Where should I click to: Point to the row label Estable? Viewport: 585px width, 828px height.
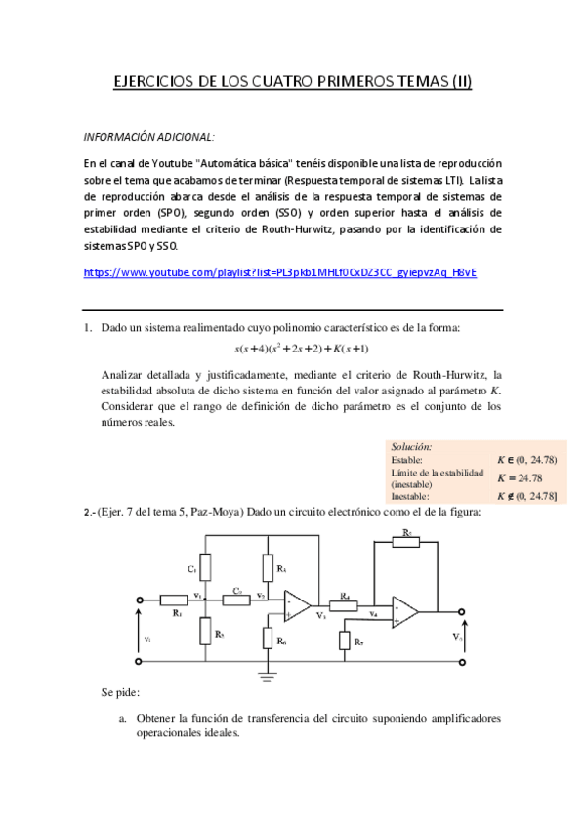point(406,459)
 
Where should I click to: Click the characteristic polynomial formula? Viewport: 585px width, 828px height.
point(301,349)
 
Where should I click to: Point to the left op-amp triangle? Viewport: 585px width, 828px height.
point(296,605)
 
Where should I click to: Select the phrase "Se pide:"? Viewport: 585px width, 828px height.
point(120,692)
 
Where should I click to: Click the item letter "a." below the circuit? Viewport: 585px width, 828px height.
point(123,718)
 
